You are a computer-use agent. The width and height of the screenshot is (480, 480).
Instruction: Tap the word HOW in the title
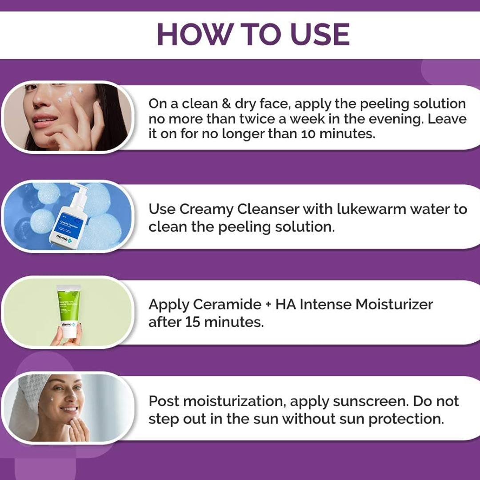pyautogui.click(x=194, y=34)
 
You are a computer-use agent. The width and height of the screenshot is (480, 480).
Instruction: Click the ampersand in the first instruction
pyautogui.click(x=226, y=104)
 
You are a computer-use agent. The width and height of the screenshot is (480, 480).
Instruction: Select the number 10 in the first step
pyautogui.click(x=308, y=134)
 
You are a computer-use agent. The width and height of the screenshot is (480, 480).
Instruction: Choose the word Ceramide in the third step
pyautogui.click(x=228, y=304)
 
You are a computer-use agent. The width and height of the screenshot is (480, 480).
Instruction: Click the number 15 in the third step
pyautogui.click(x=192, y=322)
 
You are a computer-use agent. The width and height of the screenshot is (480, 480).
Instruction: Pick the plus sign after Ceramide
pyautogui.click(x=268, y=305)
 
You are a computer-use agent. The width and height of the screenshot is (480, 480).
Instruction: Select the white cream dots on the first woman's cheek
pyautogui.click(x=69, y=94)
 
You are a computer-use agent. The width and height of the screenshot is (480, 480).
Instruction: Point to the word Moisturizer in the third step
pyautogui.click(x=394, y=304)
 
